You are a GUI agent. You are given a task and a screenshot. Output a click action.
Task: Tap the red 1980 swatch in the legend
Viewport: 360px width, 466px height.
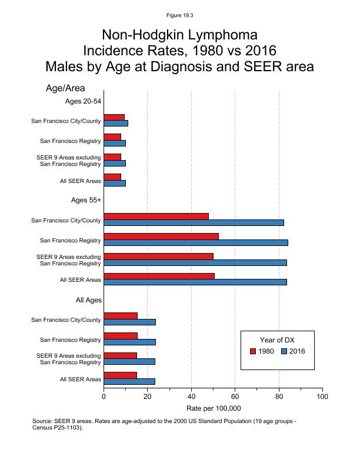253,351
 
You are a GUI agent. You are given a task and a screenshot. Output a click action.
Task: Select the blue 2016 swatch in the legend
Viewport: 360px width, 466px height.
284,351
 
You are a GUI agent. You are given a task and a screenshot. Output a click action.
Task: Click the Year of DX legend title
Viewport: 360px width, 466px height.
278,339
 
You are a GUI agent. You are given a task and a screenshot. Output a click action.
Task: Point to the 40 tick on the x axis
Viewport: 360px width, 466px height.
191,397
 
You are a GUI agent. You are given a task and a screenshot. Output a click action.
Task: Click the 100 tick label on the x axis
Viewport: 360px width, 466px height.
322,397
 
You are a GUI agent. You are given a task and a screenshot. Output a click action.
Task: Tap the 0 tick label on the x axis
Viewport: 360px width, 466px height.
104,397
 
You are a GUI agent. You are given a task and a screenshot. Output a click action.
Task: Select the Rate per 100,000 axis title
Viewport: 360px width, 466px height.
214,408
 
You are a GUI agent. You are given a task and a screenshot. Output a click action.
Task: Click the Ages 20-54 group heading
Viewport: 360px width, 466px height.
83,101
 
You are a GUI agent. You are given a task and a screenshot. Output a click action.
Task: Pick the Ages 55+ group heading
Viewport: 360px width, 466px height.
86,200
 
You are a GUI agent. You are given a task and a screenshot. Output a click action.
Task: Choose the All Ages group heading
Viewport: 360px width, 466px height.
89,300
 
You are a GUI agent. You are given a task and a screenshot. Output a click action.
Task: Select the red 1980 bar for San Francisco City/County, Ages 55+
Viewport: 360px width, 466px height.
156,216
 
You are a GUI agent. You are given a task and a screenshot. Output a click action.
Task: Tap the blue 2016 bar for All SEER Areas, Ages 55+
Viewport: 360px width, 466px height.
195,282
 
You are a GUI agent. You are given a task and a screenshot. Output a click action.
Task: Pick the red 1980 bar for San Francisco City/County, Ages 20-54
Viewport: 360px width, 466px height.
114,117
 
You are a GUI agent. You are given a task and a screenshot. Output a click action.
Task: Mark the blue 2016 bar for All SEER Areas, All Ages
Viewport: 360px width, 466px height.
129,381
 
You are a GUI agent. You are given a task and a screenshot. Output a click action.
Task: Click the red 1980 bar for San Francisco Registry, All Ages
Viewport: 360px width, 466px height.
120,335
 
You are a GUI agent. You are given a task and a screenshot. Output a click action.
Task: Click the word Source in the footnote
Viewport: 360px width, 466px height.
43,421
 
